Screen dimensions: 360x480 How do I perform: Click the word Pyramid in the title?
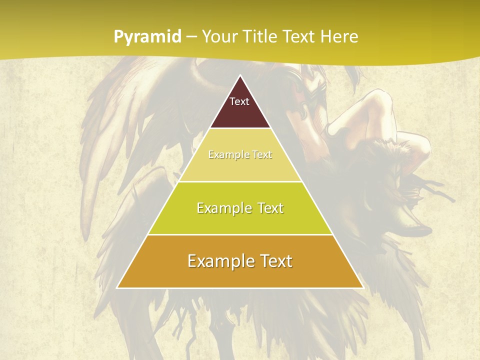pos(147,37)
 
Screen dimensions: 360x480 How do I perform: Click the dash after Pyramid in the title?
pos(192,37)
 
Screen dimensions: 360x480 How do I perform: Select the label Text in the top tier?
pos(239,101)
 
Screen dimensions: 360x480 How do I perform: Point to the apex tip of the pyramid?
pos(240,76)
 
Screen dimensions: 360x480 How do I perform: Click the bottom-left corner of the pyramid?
pos(117,287)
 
